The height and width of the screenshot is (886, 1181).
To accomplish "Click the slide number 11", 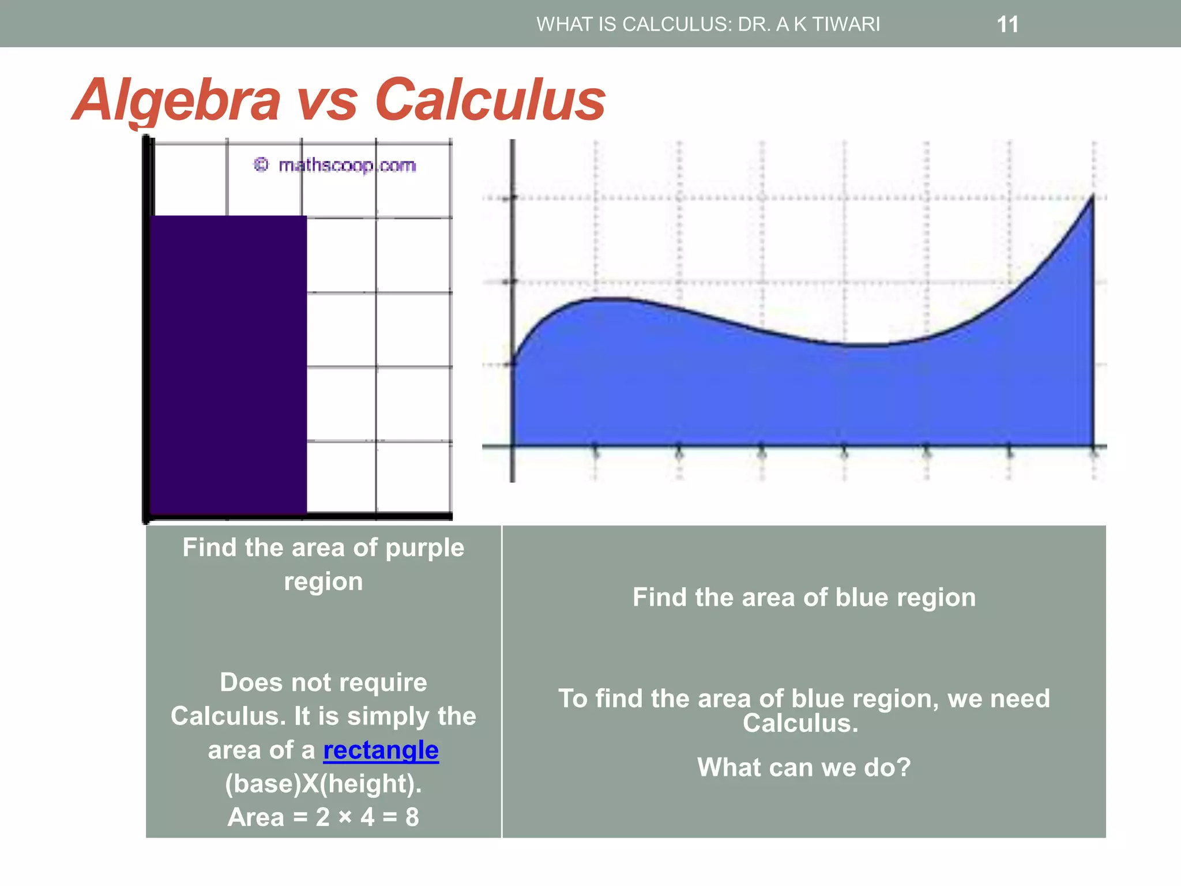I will [x=1007, y=25].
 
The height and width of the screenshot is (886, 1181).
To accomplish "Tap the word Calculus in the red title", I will [x=490, y=100].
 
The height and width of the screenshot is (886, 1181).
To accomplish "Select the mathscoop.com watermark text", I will [x=347, y=166].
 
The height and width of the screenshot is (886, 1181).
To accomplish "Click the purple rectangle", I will [x=228, y=363].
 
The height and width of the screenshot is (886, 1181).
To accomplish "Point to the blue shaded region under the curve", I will [x=796, y=398].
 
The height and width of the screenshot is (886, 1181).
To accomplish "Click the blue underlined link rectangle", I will [x=381, y=750].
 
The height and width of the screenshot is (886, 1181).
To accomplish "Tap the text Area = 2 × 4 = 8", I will [x=323, y=817].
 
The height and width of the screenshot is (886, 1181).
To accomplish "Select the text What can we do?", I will [x=804, y=768].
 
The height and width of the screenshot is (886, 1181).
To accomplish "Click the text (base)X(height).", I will [x=323, y=784].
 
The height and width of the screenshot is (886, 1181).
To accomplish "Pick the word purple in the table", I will [x=424, y=548].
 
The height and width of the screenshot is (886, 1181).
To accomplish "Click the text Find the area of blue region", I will [x=804, y=598].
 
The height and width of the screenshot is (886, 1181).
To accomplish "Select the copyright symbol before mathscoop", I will [x=261, y=165].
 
